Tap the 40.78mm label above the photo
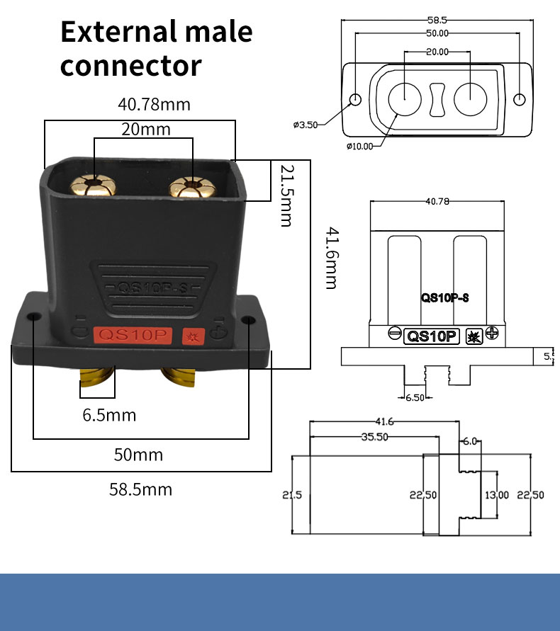tap(154, 105)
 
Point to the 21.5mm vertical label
tap(286, 195)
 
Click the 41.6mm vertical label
tap(330, 257)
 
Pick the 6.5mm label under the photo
tap(109, 415)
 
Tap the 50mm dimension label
tap(138, 454)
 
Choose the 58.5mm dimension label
tap(140, 489)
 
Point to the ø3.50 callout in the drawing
tap(305, 125)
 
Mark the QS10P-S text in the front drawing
tap(445, 298)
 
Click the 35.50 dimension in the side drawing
tap(374, 437)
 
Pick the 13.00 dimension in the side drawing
tap(496, 494)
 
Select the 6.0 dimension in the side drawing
tap(470, 441)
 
